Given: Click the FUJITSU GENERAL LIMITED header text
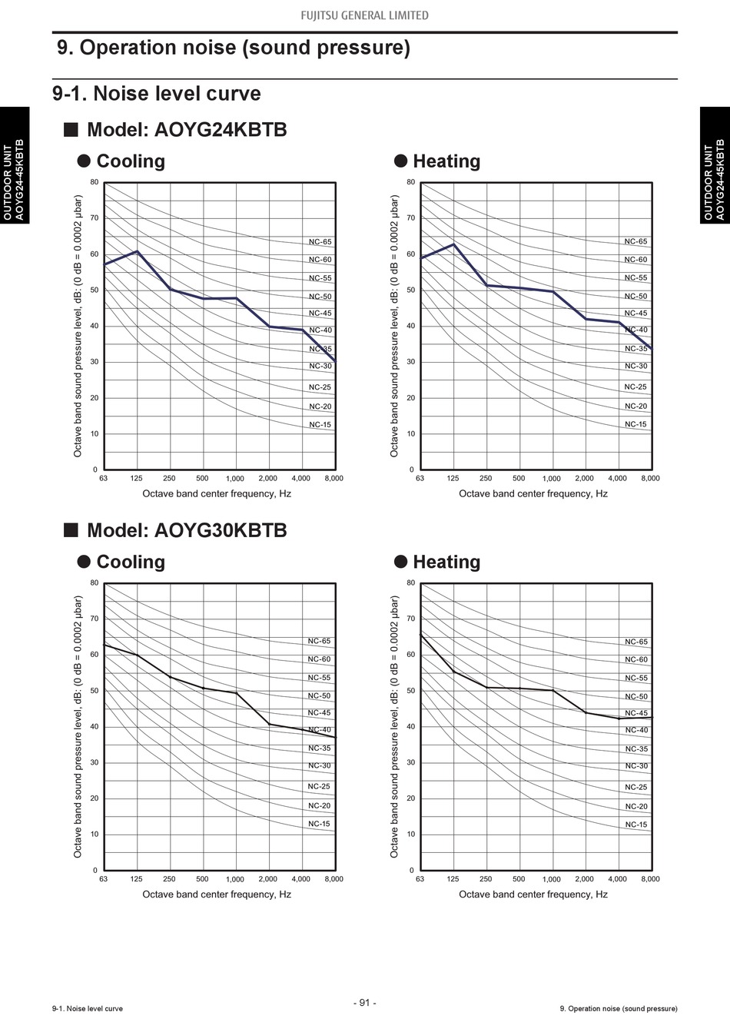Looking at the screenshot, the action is tap(364, 15).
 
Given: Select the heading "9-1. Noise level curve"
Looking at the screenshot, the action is tap(157, 94).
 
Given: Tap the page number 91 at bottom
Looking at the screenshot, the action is tap(365, 1003).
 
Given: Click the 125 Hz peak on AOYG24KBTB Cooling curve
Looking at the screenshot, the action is tap(137, 251).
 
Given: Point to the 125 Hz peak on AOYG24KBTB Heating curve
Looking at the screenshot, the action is tap(453, 244).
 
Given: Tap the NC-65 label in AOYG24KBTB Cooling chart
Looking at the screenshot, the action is tap(320, 241).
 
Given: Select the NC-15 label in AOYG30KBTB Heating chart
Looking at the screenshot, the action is tap(636, 825).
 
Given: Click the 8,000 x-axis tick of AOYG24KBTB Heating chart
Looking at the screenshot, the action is tap(650, 478).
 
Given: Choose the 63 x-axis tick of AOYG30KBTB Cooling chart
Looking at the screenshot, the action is tap(103, 878).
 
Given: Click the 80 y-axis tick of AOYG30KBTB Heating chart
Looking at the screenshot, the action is tap(411, 582).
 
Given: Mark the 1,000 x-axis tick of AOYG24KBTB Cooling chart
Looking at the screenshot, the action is tap(235, 478).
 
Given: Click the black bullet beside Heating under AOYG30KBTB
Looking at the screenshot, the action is tap(400, 562).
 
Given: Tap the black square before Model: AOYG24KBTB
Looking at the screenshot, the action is tap(71, 129).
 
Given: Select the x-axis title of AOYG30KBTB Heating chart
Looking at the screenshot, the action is tap(533, 894).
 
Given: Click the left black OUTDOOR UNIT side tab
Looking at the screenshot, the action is tap(15, 165).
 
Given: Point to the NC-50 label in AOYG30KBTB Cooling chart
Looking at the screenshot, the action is tap(319, 695).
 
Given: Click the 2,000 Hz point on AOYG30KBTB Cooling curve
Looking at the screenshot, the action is tap(270, 724).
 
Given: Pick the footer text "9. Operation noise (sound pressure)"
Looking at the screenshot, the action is tap(619, 1008).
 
